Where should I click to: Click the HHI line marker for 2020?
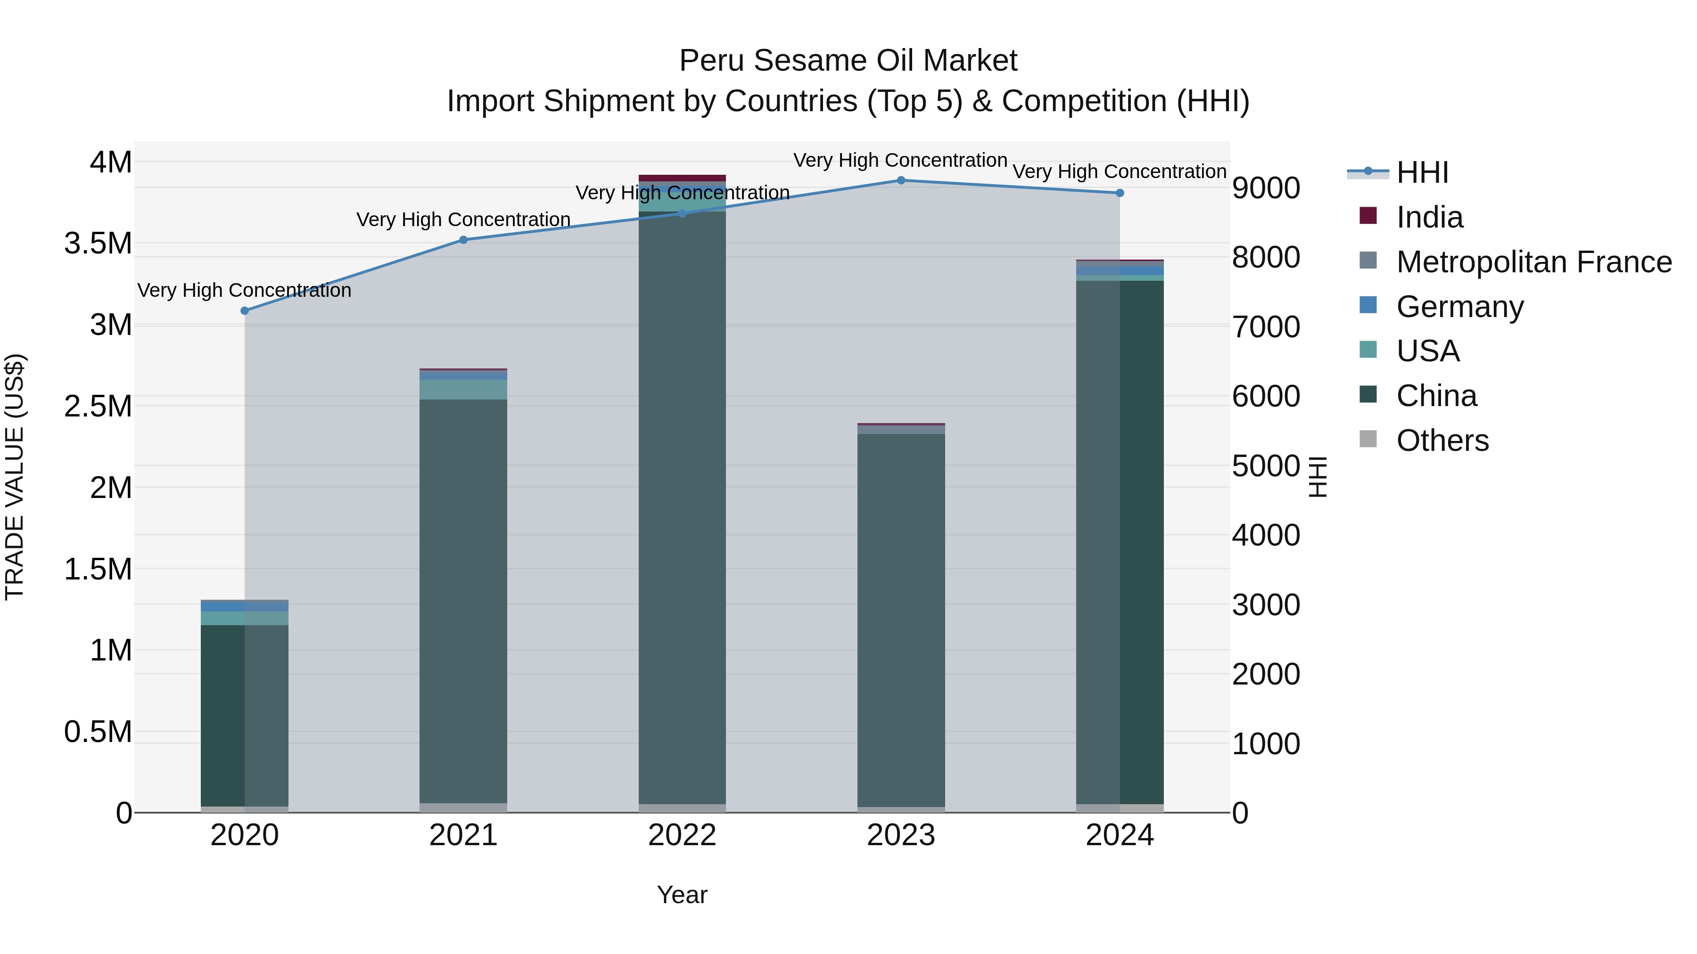pos(244,311)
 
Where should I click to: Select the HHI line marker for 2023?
pos(900,180)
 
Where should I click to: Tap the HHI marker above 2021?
pos(463,240)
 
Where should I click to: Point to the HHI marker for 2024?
pos(1119,193)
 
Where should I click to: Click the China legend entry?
pos(1436,396)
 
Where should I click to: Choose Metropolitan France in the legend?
pos(1533,262)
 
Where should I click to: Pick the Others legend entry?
pos(1442,440)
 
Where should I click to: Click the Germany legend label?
pos(1460,307)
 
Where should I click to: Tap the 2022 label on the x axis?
pos(682,835)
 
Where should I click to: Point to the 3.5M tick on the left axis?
pos(98,244)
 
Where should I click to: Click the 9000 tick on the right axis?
pos(1266,188)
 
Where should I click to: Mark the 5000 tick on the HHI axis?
pos(1266,466)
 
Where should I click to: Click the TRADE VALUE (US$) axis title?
pos(15,477)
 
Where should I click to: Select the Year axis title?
pos(682,895)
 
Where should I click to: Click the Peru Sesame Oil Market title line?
pos(848,61)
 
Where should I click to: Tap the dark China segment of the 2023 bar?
pos(900,619)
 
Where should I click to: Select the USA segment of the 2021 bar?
pos(463,389)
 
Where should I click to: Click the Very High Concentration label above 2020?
pos(244,290)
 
